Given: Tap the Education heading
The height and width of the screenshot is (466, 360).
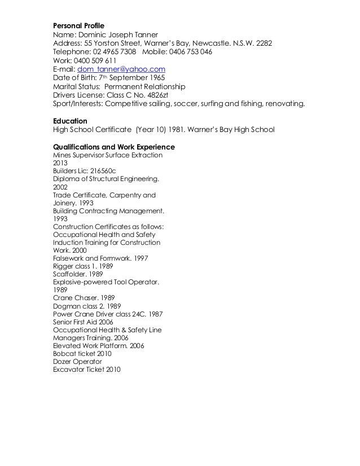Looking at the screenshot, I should coord(70,121).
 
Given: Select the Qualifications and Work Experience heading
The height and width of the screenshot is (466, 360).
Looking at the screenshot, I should coord(114,147).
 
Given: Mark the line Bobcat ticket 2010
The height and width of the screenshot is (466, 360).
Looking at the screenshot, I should coord(82,354).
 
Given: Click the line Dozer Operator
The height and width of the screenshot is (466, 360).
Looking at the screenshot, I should coord(77,362).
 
